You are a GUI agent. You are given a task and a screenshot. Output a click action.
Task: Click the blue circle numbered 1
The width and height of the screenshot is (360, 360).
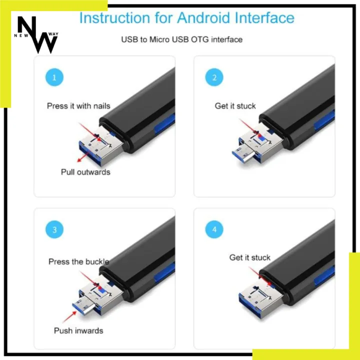pos(54,77)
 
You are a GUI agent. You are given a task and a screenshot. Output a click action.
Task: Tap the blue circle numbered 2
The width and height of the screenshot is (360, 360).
pos(214,77)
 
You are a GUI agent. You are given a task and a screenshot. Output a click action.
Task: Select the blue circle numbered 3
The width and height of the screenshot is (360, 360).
pos(54,229)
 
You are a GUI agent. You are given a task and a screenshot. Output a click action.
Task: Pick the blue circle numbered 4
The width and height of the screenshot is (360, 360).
pos(214,229)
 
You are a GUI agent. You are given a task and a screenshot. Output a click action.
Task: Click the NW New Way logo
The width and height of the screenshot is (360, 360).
pos(36,35)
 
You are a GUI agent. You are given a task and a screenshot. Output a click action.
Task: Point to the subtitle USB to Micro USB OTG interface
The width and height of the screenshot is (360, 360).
pos(181,39)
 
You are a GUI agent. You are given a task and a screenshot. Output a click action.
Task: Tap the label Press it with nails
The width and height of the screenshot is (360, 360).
pos(78,106)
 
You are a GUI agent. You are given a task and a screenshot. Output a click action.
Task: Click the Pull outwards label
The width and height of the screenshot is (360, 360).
pos(85,172)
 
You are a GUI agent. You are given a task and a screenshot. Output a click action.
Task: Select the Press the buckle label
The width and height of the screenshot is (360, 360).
pos(79,261)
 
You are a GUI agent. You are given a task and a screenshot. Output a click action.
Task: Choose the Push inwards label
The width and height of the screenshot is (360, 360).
pos(78,330)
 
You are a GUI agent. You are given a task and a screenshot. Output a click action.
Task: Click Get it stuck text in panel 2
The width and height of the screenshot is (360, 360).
pos(235,106)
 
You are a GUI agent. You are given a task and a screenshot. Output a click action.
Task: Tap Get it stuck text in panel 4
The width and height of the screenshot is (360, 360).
pos(250,257)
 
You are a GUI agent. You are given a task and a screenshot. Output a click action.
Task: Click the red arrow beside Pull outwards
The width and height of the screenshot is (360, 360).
pos(83,157)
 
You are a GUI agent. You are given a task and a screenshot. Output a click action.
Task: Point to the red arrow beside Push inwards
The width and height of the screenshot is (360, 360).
pos(69,317)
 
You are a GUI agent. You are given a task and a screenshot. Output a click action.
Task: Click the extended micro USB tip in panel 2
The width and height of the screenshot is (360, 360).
pos(243,154)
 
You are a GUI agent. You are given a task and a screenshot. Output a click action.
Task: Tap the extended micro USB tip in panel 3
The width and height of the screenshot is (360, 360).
pos(83,306)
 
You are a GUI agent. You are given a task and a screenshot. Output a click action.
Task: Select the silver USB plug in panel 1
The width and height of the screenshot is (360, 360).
pos(101,146)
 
